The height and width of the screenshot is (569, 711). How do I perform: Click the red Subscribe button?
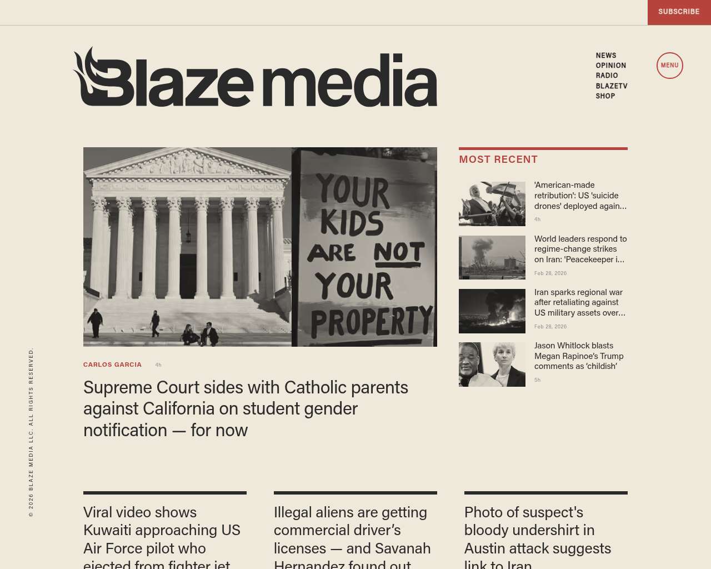coord(679,12)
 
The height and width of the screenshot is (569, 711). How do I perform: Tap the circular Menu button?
coord(669,66)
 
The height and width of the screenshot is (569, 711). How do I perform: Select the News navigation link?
coord(606,56)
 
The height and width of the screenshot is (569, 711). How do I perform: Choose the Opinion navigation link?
coord(610,66)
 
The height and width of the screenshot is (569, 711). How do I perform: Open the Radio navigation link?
coord(607,76)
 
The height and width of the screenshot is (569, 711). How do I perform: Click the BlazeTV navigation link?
coord(611,86)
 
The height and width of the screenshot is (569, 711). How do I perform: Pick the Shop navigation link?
coord(605,96)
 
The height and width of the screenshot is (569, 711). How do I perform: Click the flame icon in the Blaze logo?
coord(89,75)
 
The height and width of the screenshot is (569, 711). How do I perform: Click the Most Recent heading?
coord(498,159)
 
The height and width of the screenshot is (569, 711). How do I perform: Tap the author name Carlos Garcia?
coord(112,365)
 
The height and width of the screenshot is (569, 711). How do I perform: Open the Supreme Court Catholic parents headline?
coord(246,408)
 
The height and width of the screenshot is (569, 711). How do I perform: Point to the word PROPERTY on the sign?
coord(371,321)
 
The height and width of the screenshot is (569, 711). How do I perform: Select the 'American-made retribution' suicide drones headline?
coord(580,196)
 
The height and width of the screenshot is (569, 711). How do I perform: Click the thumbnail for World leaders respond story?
coord(492,257)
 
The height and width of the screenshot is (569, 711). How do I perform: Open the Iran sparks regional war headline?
coord(579,302)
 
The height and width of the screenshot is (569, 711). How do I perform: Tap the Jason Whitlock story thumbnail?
coord(492,365)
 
